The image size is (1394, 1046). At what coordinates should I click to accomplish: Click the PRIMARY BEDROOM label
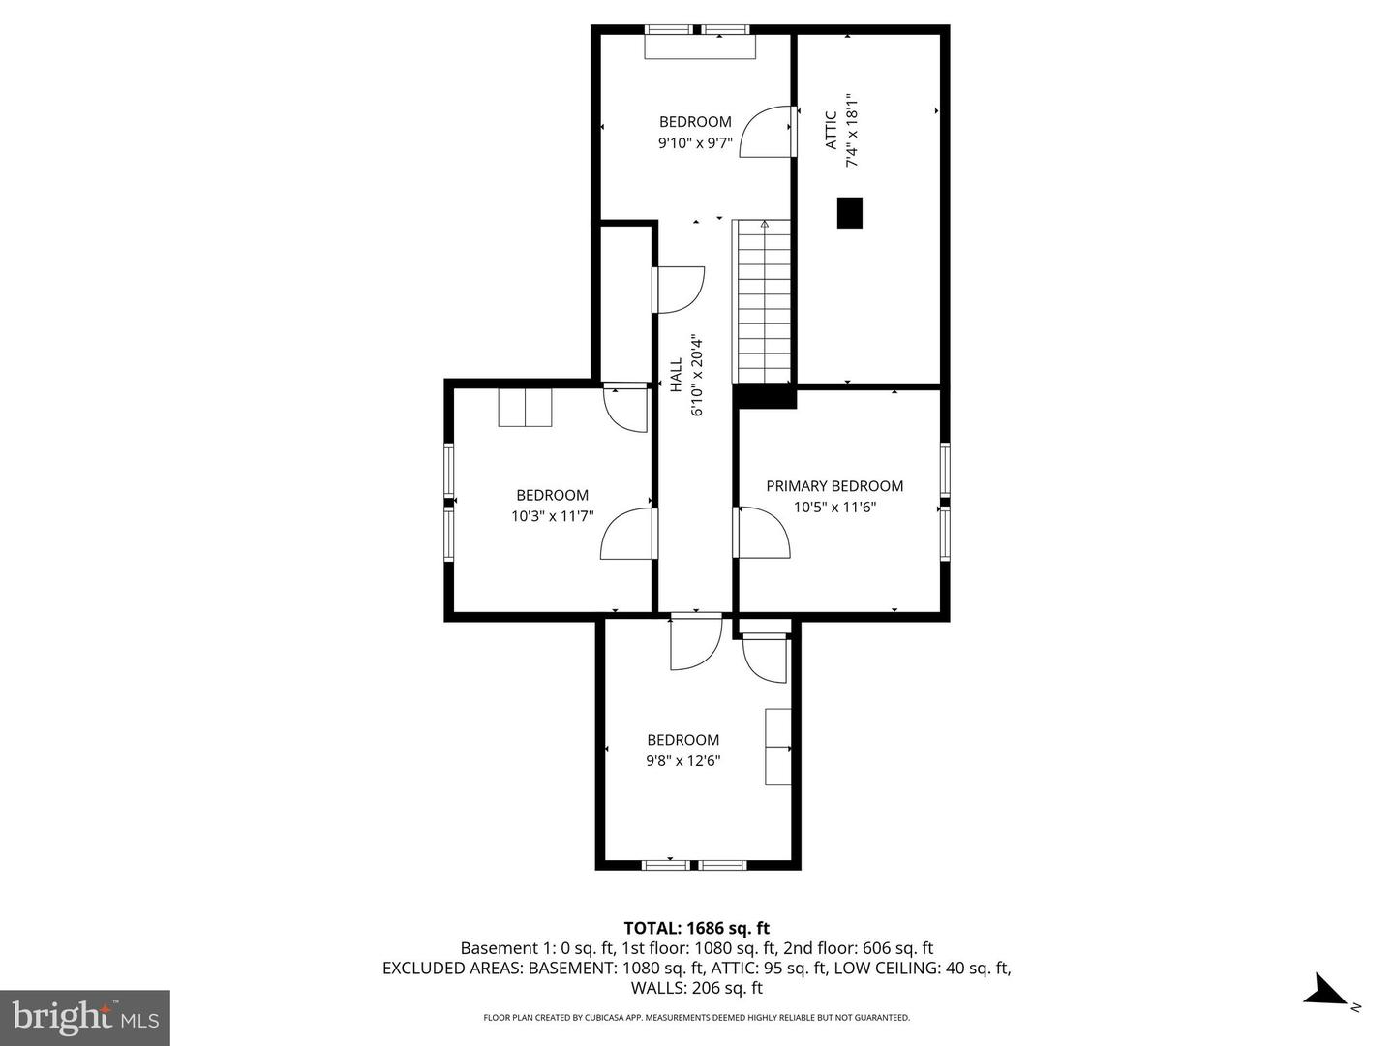click(834, 486)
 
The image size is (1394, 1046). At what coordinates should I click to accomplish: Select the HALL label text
click(676, 375)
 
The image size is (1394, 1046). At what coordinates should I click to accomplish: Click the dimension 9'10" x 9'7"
click(695, 142)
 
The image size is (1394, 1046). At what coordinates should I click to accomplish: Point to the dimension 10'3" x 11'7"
click(552, 516)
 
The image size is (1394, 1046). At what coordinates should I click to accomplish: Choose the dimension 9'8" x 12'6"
click(682, 761)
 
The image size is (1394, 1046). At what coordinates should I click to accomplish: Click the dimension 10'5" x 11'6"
click(834, 508)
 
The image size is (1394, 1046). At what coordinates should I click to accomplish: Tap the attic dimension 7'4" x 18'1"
click(852, 130)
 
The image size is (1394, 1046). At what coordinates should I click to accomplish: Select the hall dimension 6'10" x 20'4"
click(696, 375)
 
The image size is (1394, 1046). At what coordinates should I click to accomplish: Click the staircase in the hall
click(764, 302)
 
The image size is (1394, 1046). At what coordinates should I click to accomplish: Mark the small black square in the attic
click(849, 213)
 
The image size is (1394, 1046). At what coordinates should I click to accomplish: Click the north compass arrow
click(1325, 992)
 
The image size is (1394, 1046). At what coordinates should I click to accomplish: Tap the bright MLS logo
click(85, 1017)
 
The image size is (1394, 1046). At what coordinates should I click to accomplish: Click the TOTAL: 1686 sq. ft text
click(696, 928)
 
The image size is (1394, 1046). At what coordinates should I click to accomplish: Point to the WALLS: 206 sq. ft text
click(696, 988)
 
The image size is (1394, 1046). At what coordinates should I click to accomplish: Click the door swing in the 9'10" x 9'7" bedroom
click(771, 130)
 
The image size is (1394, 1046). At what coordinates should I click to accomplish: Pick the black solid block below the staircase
click(764, 395)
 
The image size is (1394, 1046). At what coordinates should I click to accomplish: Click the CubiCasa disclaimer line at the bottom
click(696, 1018)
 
